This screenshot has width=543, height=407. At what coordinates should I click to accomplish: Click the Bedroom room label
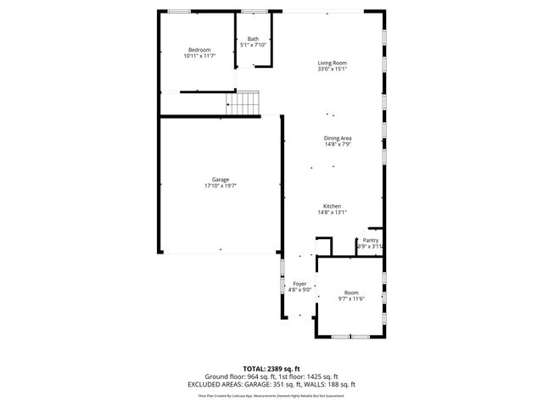(199, 50)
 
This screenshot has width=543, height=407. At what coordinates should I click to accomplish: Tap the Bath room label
(253, 39)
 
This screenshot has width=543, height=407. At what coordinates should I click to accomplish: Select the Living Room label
(333, 64)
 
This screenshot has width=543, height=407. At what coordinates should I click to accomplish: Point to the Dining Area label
(338, 138)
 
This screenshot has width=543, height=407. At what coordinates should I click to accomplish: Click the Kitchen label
(332, 206)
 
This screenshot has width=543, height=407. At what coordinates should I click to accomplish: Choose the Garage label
(220, 180)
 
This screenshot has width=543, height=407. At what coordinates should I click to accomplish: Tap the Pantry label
(371, 240)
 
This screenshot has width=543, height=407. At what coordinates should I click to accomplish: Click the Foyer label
(299, 283)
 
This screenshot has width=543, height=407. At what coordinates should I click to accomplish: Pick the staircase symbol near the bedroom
(242, 104)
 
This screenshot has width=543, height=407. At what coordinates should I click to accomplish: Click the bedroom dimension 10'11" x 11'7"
(199, 56)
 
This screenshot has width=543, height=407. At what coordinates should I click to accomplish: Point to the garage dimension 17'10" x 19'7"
(220, 186)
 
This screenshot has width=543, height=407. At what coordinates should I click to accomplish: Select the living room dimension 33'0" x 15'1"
(333, 70)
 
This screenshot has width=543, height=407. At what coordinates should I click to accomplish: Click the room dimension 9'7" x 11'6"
(351, 298)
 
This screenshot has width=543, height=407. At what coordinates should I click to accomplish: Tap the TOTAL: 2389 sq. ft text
(271, 369)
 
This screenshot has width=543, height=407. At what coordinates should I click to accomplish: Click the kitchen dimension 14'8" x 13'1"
(332, 212)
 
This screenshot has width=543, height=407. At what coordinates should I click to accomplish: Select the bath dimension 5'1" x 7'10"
(253, 45)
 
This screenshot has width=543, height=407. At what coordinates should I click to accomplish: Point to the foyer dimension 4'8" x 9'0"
(299, 289)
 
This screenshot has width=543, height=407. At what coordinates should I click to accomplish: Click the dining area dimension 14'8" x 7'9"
(338, 144)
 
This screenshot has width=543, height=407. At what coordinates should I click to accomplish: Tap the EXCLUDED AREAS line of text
(271, 384)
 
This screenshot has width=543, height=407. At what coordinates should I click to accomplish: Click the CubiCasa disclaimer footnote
(271, 395)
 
